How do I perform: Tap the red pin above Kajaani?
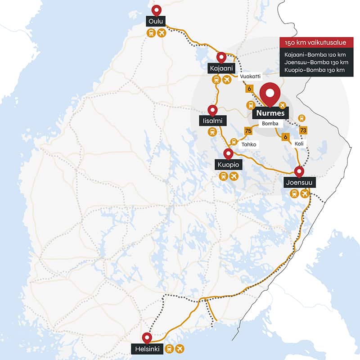[221, 57]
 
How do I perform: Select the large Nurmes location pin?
[270, 94]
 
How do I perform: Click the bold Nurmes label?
[270, 113]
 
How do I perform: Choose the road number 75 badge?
[247, 131]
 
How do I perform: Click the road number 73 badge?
[303, 130]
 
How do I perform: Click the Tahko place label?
[248, 144]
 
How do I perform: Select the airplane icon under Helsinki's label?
[180, 348]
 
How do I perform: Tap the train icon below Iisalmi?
[211, 132]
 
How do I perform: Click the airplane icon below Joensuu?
[305, 193]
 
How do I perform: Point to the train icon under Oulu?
[151, 33]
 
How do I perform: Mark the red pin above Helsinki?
[147, 337]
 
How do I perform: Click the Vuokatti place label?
[250, 76]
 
